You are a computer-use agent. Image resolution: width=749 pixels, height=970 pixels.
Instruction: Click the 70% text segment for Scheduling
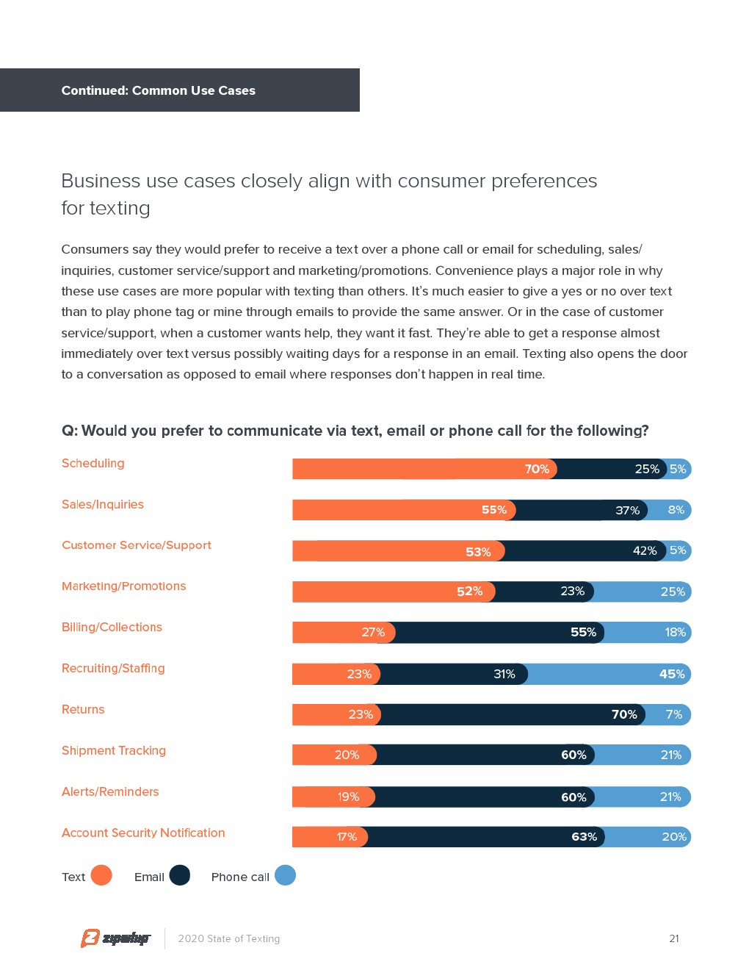[x=424, y=469]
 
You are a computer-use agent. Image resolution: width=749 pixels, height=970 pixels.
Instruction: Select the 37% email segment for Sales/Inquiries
[x=582, y=510]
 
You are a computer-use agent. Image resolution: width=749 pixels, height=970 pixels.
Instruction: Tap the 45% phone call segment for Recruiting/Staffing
[x=609, y=674]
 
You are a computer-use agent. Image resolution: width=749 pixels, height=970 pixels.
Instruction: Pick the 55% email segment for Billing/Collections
[x=499, y=633]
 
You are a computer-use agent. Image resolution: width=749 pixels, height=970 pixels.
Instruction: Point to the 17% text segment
[x=330, y=837]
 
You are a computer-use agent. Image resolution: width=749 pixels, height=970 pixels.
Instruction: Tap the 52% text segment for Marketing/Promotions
[x=394, y=592]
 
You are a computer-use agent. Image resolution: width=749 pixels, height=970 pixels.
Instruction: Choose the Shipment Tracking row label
[x=114, y=750]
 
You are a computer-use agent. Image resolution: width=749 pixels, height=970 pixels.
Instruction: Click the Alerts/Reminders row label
[x=110, y=791]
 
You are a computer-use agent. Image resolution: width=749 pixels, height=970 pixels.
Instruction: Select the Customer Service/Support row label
[x=137, y=545]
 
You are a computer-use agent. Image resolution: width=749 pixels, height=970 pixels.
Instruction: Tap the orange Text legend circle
[x=101, y=875]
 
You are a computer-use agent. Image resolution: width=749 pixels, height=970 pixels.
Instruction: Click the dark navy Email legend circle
[x=180, y=875]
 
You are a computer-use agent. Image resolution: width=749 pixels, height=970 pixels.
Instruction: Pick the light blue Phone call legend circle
[x=285, y=875]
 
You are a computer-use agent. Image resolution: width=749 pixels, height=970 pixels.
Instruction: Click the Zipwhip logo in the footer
[x=115, y=938]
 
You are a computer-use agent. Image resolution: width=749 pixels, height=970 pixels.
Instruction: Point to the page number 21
[x=674, y=938]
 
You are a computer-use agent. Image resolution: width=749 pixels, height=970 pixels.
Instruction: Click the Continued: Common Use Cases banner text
[x=159, y=90]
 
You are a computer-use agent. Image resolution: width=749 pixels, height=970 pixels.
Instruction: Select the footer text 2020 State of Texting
[x=229, y=938]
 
